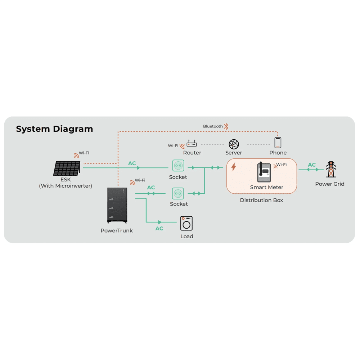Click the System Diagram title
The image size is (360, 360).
(54, 129)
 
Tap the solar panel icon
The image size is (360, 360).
(67, 168)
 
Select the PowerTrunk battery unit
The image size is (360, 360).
(117, 205)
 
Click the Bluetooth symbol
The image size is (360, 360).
(226, 126)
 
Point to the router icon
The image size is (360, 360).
(192, 144)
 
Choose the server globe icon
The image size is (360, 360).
(234, 144)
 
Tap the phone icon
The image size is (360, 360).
(278, 143)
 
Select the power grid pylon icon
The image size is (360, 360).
(330, 169)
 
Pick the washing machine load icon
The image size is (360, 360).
(186, 223)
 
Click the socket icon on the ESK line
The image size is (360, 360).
(178, 166)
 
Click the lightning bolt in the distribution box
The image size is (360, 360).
(234, 167)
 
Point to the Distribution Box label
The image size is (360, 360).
(261, 200)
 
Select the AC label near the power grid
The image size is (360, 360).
(312, 165)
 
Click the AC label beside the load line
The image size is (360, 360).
(159, 229)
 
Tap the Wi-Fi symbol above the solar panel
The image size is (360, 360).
(76, 156)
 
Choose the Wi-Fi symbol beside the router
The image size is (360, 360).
(182, 146)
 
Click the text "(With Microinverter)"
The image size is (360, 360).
(66, 186)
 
